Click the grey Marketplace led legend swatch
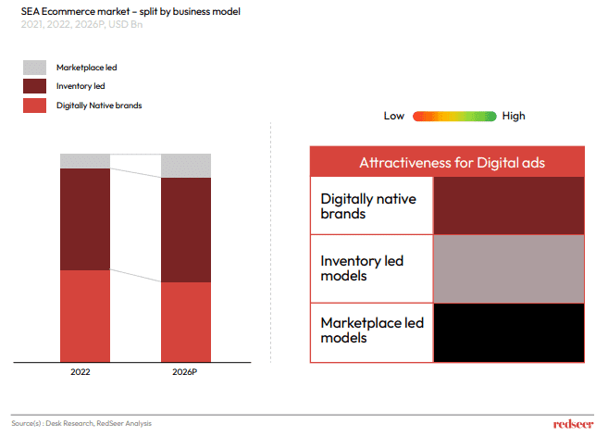click(x=34, y=68)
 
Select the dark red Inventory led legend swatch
click(x=34, y=86)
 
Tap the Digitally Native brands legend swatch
click(x=34, y=105)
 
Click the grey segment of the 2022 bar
click(x=85, y=161)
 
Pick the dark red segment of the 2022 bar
click(x=85, y=219)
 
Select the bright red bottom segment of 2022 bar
click(x=85, y=316)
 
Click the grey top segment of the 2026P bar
click(x=186, y=166)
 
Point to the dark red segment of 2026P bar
click(x=186, y=230)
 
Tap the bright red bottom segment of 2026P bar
click(x=186, y=321)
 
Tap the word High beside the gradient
click(x=514, y=116)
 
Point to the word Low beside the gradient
click(x=394, y=116)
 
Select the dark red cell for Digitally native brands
click(x=509, y=206)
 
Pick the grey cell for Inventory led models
click(x=509, y=268)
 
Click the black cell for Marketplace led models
click(x=509, y=331)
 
